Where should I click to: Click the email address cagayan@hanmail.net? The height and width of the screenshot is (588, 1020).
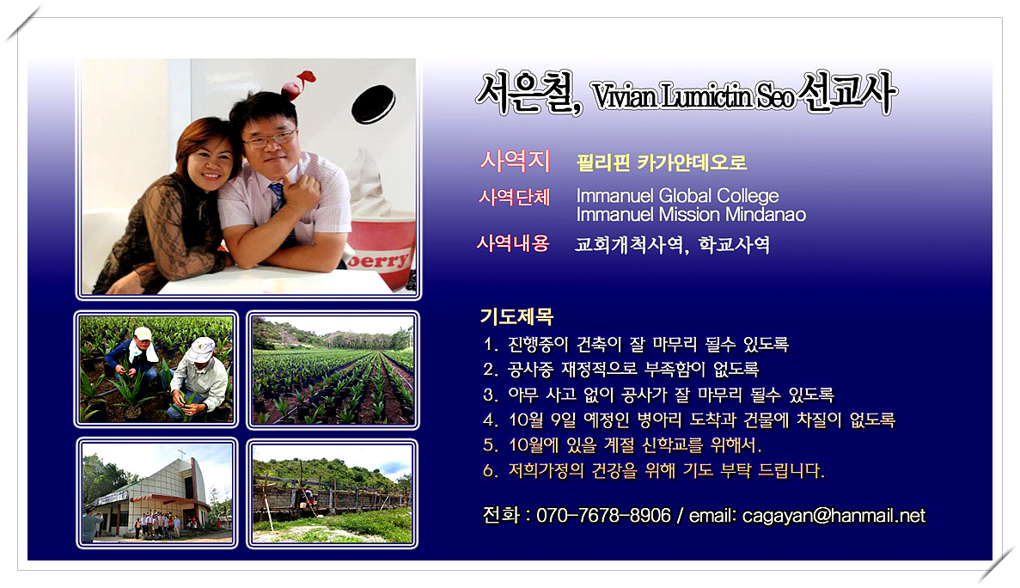[834, 516]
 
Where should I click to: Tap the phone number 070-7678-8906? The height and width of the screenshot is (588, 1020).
[603, 516]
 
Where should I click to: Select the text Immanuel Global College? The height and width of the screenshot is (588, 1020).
[677, 196]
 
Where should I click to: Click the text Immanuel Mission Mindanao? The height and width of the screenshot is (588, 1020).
[691, 215]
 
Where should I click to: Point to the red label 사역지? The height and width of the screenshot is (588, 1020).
[515, 161]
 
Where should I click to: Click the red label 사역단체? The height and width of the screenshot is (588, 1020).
[514, 197]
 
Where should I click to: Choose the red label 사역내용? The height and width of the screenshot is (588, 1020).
[513, 243]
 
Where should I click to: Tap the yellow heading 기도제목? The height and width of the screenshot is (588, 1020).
[516, 316]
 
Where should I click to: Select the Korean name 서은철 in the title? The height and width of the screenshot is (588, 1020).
[528, 94]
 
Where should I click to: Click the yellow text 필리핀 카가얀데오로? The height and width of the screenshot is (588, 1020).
[662, 162]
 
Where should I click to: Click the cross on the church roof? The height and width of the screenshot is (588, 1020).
[181, 453]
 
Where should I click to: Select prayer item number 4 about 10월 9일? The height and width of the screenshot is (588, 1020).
[689, 420]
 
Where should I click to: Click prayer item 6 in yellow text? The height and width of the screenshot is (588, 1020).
[654, 470]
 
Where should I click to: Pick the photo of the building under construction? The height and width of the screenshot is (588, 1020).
[333, 494]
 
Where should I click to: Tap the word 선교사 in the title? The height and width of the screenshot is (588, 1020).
[846, 94]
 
